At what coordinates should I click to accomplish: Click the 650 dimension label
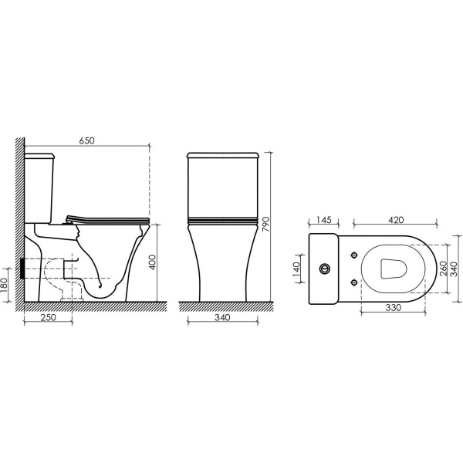[x=86, y=140]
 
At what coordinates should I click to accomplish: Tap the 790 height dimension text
[x=266, y=224]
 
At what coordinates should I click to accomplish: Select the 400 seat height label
[x=152, y=262]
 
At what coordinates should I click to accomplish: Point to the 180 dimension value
[x=5, y=286]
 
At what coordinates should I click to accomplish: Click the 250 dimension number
[x=48, y=317]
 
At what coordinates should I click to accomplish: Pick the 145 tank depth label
[x=323, y=220]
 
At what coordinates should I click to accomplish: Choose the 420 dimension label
[x=396, y=220]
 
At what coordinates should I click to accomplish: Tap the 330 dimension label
[x=394, y=308]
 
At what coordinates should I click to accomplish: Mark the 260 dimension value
[x=444, y=269]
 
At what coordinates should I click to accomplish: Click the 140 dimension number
[x=296, y=269]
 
